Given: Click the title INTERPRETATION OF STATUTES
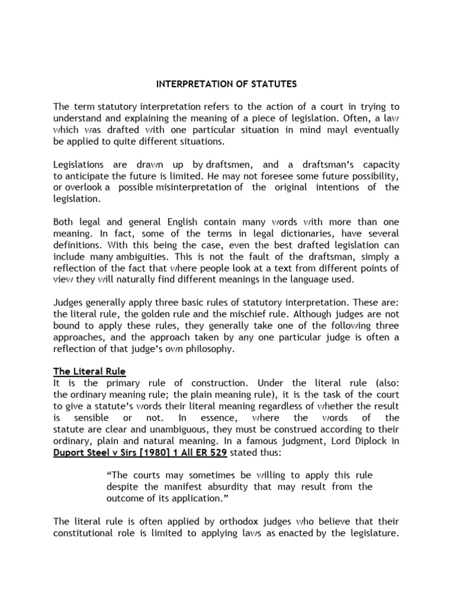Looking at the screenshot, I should coord(226,84).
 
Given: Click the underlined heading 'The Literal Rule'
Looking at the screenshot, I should coord(89,371).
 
